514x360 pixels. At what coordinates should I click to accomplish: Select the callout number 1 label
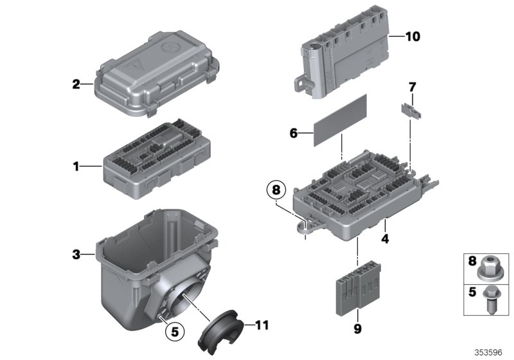(x=76, y=166)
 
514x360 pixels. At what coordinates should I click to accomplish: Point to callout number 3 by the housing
(x=76, y=255)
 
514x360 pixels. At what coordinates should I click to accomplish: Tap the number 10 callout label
(x=412, y=37)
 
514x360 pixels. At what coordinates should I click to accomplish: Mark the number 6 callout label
(x=294, y=133)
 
